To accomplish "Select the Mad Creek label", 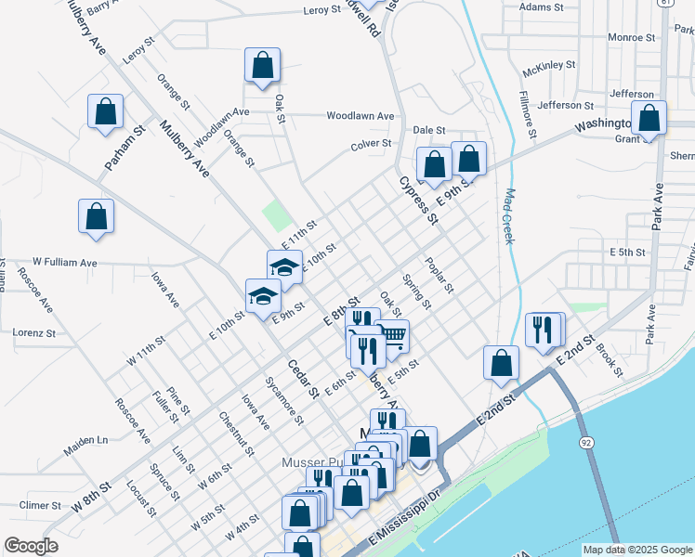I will coord(509,217).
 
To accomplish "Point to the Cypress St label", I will coord(418,201).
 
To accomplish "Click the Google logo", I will coord(31,546).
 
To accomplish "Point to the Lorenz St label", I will coord(34,332).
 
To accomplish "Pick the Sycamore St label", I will coord(284,400).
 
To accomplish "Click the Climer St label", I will coord(39,506).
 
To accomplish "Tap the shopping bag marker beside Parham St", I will coord(106,111).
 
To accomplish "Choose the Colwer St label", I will coord(370,144).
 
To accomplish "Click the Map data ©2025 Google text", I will coord(637,550).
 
